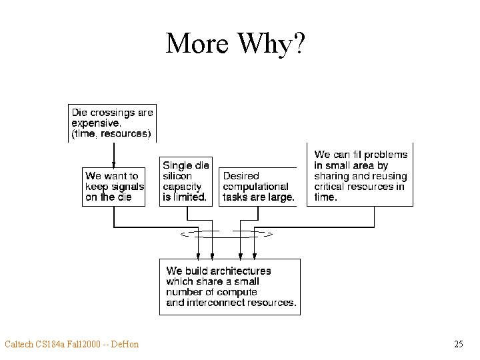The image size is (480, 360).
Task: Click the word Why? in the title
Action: [x=269, y=44]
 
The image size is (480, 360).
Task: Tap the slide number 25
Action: [x=458, y=344]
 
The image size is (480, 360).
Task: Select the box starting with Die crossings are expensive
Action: [x=112, y=123]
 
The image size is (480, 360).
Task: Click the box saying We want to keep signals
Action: [x=114, y=187]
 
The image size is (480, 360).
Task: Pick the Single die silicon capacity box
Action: [x=186, y=181]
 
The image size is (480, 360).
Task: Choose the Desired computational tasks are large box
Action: [x=258, y=187]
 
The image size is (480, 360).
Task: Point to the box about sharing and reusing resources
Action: [x=360, y=175]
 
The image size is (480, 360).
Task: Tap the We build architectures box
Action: [x=230, y=287]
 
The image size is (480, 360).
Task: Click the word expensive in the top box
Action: [x=96, y=123]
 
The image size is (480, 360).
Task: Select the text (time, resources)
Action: [x=111, y=134]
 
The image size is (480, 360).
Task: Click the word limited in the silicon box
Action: [x=189, y=197]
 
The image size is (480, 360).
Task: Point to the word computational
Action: [x=255, y=187]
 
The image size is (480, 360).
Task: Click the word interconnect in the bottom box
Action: [x=211, y=303]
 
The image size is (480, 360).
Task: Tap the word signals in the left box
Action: [x=129, y=187]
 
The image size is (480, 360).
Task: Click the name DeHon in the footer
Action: [x=125, y=344]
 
